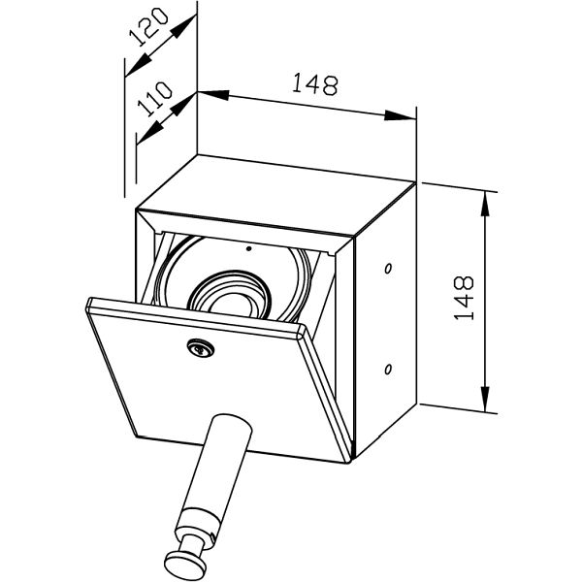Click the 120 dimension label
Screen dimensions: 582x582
(148, 27)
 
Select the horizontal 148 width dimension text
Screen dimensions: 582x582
(314, 83)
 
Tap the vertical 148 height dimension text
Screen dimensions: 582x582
(464, 298)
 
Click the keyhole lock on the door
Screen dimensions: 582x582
(201, 348)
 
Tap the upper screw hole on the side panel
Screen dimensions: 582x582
(388, 268)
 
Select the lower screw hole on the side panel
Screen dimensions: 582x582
(388, 369)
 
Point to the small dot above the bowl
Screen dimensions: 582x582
(249, 248)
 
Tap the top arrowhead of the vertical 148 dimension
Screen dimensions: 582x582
(485, 205)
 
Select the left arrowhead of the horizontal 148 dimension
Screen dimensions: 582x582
(213, 95)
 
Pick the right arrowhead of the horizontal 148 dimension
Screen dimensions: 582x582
(400, 115)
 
